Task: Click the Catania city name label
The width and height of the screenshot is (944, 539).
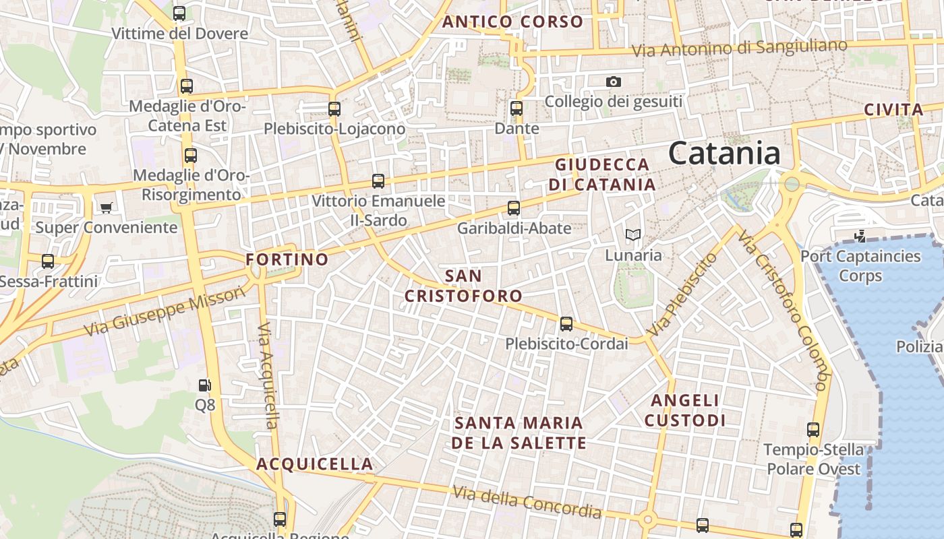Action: [x=724, y=154]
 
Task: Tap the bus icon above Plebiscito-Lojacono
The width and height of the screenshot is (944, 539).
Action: [x=334, y=108]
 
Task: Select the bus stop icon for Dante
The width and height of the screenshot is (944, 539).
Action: [x=517, y=108]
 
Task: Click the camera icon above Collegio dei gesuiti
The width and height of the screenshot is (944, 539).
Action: [x=613, y=82]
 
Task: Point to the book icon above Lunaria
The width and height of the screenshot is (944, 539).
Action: [x=632, y=234]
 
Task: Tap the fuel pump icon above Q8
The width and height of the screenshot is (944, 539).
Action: [x=205, y=385]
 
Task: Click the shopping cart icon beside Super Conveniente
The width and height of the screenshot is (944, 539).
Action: [x=106, y=208]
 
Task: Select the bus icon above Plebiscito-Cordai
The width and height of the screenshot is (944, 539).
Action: [x=566, y=324]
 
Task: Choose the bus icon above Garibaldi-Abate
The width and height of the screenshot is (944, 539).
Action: [x=514, y=208]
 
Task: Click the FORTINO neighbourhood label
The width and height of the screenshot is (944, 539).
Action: [x=287, y=259]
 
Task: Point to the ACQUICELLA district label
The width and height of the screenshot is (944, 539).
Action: [x=315, y=464]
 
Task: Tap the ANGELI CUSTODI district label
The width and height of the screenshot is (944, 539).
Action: [x=685, y=410]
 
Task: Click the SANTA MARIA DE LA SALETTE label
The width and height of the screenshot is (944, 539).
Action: [x=519, y=433]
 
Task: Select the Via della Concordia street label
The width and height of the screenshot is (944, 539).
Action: [x=527, y=502]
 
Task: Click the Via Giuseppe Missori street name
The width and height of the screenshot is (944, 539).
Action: [x=165, y=311]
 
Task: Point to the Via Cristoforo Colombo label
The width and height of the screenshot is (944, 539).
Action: [x=783, y=309]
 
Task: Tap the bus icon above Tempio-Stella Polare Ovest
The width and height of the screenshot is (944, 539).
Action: [x=813, y=430]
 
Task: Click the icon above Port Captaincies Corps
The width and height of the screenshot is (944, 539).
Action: [x=860, y=236]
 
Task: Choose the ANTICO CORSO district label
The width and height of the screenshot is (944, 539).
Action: [x=512, y=22]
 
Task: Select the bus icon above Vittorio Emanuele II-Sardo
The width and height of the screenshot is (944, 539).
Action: [x=378, y=181]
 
